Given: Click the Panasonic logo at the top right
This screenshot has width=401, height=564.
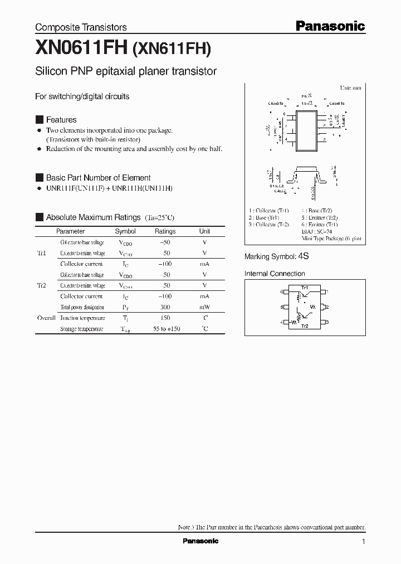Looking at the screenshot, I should pos(330,26).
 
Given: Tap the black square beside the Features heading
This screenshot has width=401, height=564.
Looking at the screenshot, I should pos(39,120).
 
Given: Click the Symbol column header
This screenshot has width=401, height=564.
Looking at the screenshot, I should pos(125,231).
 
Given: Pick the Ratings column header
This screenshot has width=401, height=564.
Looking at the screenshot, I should pos(165,231).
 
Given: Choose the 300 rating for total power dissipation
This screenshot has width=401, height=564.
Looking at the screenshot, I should pos(165,307).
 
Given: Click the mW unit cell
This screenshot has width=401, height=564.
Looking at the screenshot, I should pos(205,307).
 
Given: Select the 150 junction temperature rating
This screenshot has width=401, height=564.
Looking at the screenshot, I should pos(165,318).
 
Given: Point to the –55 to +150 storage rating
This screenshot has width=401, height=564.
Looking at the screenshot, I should pos(167,329).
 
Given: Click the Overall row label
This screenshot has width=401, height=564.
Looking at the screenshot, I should pos(46,318).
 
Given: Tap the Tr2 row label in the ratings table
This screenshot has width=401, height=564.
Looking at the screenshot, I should pos(41,285).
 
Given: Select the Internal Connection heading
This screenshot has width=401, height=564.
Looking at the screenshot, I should pos(275,274).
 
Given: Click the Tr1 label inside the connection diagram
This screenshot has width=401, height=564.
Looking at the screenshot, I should pos(305,288).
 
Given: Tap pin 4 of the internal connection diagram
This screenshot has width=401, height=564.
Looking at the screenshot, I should pos(282,322).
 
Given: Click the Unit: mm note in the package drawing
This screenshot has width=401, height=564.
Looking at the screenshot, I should pos(351,88).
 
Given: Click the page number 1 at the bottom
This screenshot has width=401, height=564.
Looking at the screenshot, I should pos(363,542).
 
